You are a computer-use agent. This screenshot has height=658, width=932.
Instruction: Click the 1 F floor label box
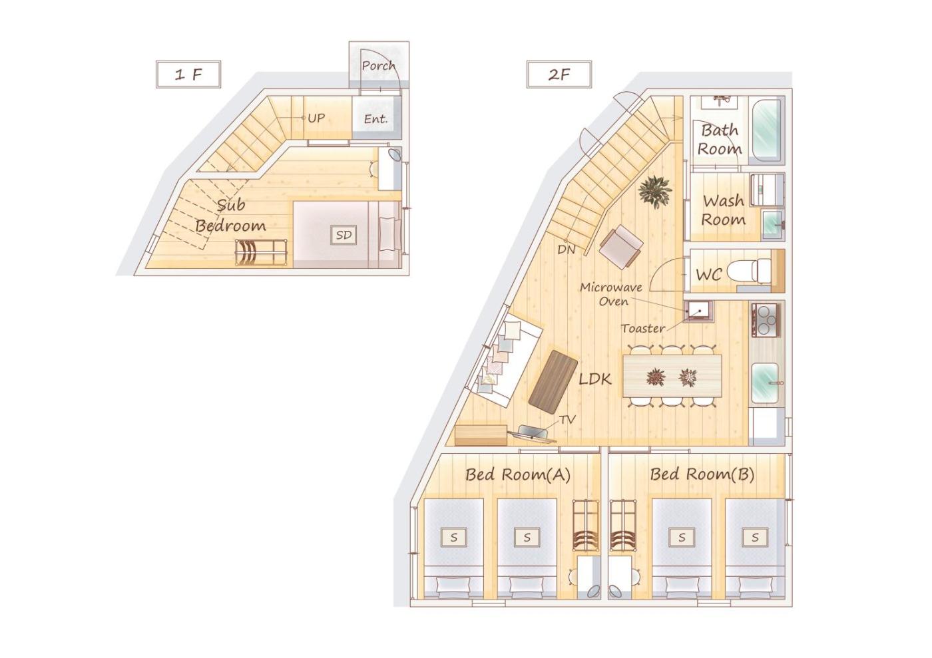click(x=188, y=75)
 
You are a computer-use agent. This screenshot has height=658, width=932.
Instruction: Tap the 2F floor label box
click(x=559, y=75)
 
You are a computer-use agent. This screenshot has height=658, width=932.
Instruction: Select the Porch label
click(x=378, y=65)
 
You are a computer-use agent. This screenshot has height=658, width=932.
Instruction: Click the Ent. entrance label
click(x=375, y=119)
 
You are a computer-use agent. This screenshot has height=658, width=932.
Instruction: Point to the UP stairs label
click(x=316, y=118)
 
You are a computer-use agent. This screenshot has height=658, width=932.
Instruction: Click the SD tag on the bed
click(x=344, y=235)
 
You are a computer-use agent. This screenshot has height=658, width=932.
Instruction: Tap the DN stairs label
click(x=567, y=249)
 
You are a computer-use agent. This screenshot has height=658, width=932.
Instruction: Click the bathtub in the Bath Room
click(x=766, y=130)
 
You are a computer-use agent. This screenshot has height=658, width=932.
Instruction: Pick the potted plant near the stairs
click(x=655, y=192)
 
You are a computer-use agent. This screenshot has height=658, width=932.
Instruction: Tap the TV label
click(x=567, y=420)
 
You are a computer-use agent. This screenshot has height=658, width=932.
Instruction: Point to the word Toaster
click(x=643, y=329)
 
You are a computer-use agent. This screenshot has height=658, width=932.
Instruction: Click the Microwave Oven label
click(x=611, y=294)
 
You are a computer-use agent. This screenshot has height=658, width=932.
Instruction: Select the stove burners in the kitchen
click(x=766, y=319)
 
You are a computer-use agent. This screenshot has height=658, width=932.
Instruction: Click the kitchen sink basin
click(x=765, y=383)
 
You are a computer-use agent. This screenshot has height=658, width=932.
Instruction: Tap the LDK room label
click(x=595, y=379)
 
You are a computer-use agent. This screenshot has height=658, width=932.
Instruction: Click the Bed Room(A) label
click(x=518, y=474)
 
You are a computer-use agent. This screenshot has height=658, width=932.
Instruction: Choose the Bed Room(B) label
click(x=702, y=474)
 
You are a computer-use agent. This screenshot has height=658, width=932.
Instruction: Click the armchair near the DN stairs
click(x=620, y=247)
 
